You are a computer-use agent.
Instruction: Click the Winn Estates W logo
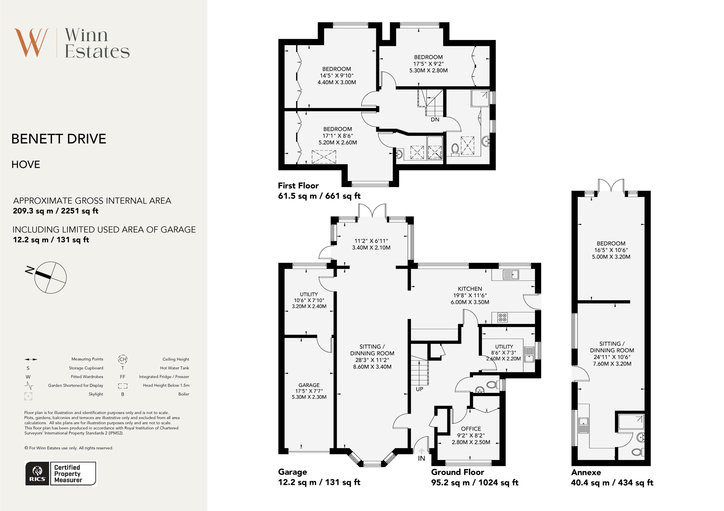pos(31,43)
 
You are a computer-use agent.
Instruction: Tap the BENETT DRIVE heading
pos(59,139)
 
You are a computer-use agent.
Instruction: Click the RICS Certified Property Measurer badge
pos(61,473)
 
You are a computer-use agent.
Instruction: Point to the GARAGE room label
pos(309,385)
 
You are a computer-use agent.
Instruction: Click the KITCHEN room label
pos(470,289)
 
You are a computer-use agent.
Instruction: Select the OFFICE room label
pos(471,429)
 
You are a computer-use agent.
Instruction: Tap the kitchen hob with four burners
pos(502,317)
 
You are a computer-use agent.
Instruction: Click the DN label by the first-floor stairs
pos(435,120)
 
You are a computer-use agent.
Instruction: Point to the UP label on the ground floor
pos(419,389)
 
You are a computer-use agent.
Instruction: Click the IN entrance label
pos(422,458)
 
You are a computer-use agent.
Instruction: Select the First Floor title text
pos(298,186)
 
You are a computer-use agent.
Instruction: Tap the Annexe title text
pos(586,472)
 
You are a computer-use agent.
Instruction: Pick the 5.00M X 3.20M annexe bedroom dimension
pos(611,257)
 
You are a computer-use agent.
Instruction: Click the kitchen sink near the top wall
pos(511,274)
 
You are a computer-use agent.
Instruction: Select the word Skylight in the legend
pos(96,394)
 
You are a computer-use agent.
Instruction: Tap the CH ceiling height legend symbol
pos(123,359)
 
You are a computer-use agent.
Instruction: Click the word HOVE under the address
pos(26,164)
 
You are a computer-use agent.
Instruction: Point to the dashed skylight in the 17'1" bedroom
pos(324,157)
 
